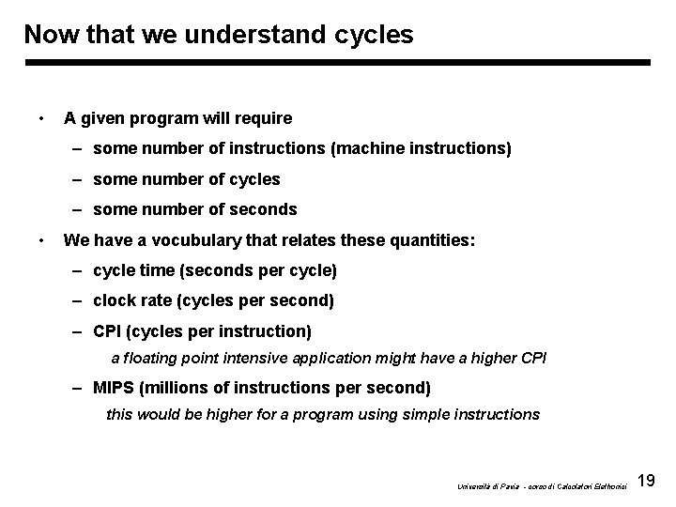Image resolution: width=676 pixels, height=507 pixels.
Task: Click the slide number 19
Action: pos(646,482)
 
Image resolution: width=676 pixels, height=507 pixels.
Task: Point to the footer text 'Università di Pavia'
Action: pos(481,485)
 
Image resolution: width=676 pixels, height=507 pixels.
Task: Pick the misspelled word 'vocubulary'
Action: pos(186,240)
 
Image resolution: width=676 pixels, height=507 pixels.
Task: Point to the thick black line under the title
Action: pos(338,63)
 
